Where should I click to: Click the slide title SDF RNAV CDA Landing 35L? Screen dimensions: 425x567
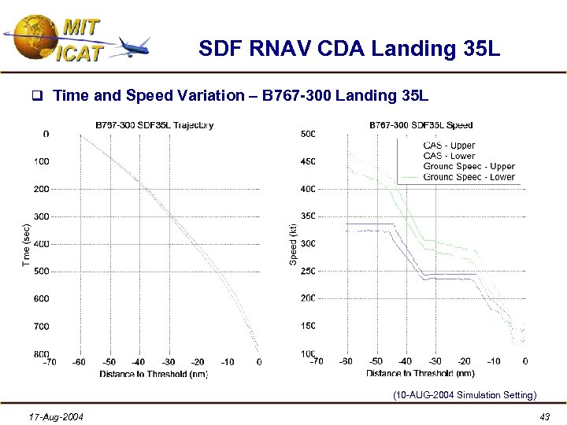pos(349,50)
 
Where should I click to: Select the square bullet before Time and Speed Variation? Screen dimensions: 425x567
pos(36,97)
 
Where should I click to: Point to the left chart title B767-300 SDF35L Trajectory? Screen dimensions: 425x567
pos(154,124)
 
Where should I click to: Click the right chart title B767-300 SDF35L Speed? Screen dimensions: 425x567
pos(421,124)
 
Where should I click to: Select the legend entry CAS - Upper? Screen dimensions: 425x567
pos(449,146)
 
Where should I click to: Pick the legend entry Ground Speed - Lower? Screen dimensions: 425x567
pos(469,177)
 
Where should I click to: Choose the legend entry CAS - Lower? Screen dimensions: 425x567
pos(449,156)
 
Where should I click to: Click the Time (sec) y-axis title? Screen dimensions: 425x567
pos(25,244)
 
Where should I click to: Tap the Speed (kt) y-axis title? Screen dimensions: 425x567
pos(293,244)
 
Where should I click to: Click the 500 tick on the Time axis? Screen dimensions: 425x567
pos(41,272)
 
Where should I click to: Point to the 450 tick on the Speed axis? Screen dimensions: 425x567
pos(308,161)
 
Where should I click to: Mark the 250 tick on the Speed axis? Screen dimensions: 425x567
pos(308,272)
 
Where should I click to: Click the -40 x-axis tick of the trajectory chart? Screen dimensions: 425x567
pos(137,362)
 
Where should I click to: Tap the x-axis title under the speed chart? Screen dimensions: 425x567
pos(420,373)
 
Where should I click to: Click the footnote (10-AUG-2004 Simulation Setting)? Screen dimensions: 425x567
pos(465,395)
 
